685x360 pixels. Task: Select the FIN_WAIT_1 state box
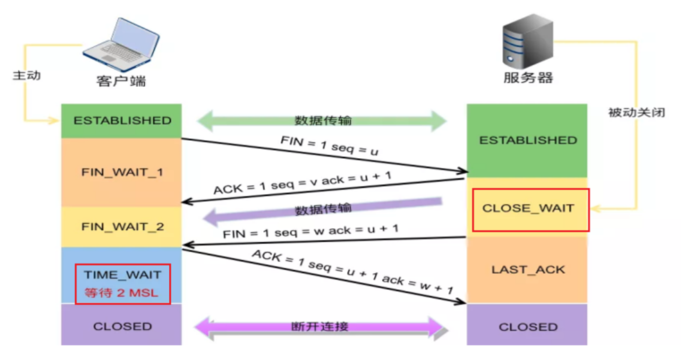[122, 173]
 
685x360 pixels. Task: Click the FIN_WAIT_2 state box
[122, 227]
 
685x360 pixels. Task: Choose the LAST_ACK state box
[528, 270]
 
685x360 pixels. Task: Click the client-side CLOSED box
[122, 326]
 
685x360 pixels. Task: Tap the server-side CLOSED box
[528, 327]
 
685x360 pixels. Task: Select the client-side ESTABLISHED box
[122, 120]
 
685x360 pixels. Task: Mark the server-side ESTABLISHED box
[528, 140]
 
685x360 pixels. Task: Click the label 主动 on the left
[26, 77]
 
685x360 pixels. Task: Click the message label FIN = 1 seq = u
[330, 145]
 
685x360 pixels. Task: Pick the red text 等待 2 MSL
[122, 294]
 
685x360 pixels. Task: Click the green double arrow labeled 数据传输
[322, 120]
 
